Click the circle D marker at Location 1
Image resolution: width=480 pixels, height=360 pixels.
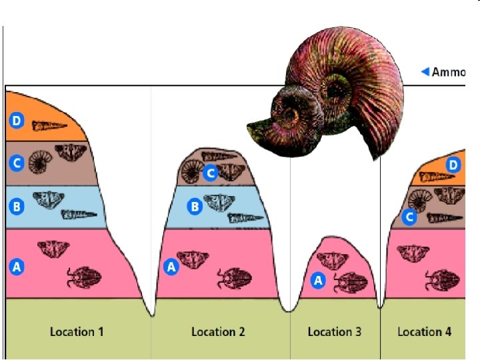tap(17, 121)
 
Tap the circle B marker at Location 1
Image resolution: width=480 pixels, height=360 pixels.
tap(17, 207)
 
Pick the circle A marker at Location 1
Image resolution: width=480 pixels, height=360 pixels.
tap(17, 267)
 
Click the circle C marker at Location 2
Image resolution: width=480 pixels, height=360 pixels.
tap(210, 173)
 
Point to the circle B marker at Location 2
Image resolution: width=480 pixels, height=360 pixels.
tap(195, 207)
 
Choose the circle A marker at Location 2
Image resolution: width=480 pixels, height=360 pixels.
tap(171, 267)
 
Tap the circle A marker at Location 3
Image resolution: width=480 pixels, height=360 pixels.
tap(318, 281)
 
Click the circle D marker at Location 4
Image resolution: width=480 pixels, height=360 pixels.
tap(453, 165)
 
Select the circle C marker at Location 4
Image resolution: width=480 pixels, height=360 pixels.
tap(410, 216)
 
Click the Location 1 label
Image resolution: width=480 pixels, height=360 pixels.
tap(77, 331)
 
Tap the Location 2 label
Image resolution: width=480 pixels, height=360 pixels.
tap(218, 331)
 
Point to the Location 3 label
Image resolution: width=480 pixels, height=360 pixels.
tap(335, 331)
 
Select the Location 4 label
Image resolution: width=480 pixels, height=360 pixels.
tap(424, 331)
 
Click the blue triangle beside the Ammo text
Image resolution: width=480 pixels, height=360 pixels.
tap(425, 72)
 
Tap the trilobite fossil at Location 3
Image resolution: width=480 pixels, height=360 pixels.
tap(350, 283)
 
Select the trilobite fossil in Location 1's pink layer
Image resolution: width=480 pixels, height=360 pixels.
tap(83, 277)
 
